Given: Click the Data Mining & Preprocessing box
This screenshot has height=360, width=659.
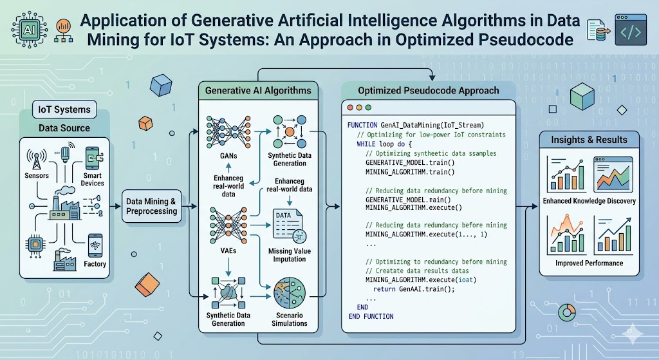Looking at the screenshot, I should (152, 206).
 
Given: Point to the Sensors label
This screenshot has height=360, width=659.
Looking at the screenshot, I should (37, 175).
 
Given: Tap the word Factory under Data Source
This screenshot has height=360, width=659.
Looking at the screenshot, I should (95, 264).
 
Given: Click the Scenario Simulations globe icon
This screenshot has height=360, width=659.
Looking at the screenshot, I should (290, 295).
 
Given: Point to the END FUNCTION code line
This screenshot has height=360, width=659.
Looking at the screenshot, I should (371, 317).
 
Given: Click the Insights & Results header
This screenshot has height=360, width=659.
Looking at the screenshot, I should (589, 140).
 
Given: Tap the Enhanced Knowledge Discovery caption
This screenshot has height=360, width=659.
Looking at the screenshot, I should (589, 202).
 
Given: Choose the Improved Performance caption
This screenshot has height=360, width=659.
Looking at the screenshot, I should (589, 263).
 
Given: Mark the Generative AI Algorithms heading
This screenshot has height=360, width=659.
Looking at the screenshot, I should (257, 91).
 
